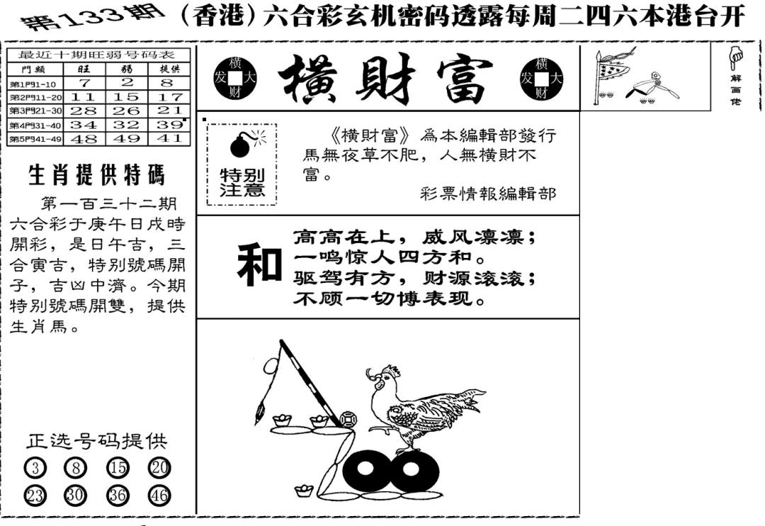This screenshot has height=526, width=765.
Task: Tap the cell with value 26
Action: [127, 111]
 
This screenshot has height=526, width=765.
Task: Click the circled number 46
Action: [159, 495]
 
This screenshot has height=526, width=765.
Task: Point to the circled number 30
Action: [75, 495]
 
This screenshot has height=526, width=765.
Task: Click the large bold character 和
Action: [258, 265]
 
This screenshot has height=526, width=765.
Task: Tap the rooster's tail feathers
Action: [464, 401]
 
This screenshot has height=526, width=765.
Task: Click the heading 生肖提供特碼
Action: [96, 174]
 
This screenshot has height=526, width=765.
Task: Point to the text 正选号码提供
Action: [96, 441]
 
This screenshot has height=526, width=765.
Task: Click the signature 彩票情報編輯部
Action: [488, 193]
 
